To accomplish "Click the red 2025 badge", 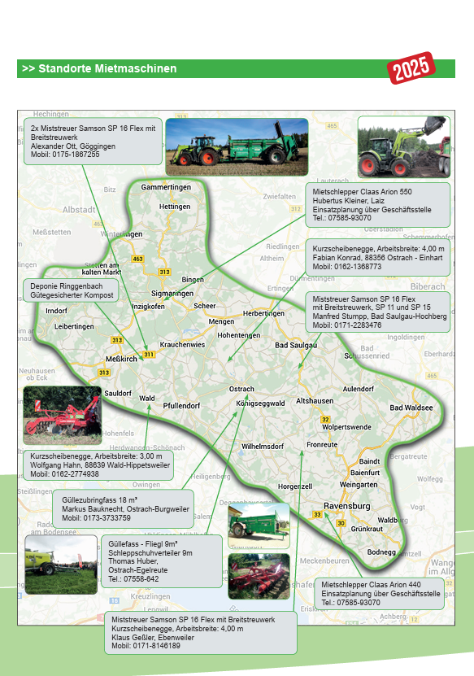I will click(x=411, y=69).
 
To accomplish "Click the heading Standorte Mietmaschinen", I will click(x=99, y=69).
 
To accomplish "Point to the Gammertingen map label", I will click(x=166, y=187).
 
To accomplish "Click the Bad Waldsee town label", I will click(x=412, y=408).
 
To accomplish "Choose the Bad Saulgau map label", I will click(x=295, y=346).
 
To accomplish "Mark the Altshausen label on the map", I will click(x=315, y=401).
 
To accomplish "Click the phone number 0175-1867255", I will click(x=66, y=155).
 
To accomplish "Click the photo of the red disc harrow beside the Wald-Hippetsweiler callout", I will click(x=62, y=415).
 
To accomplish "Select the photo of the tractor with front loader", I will click(x=403, y=146).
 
